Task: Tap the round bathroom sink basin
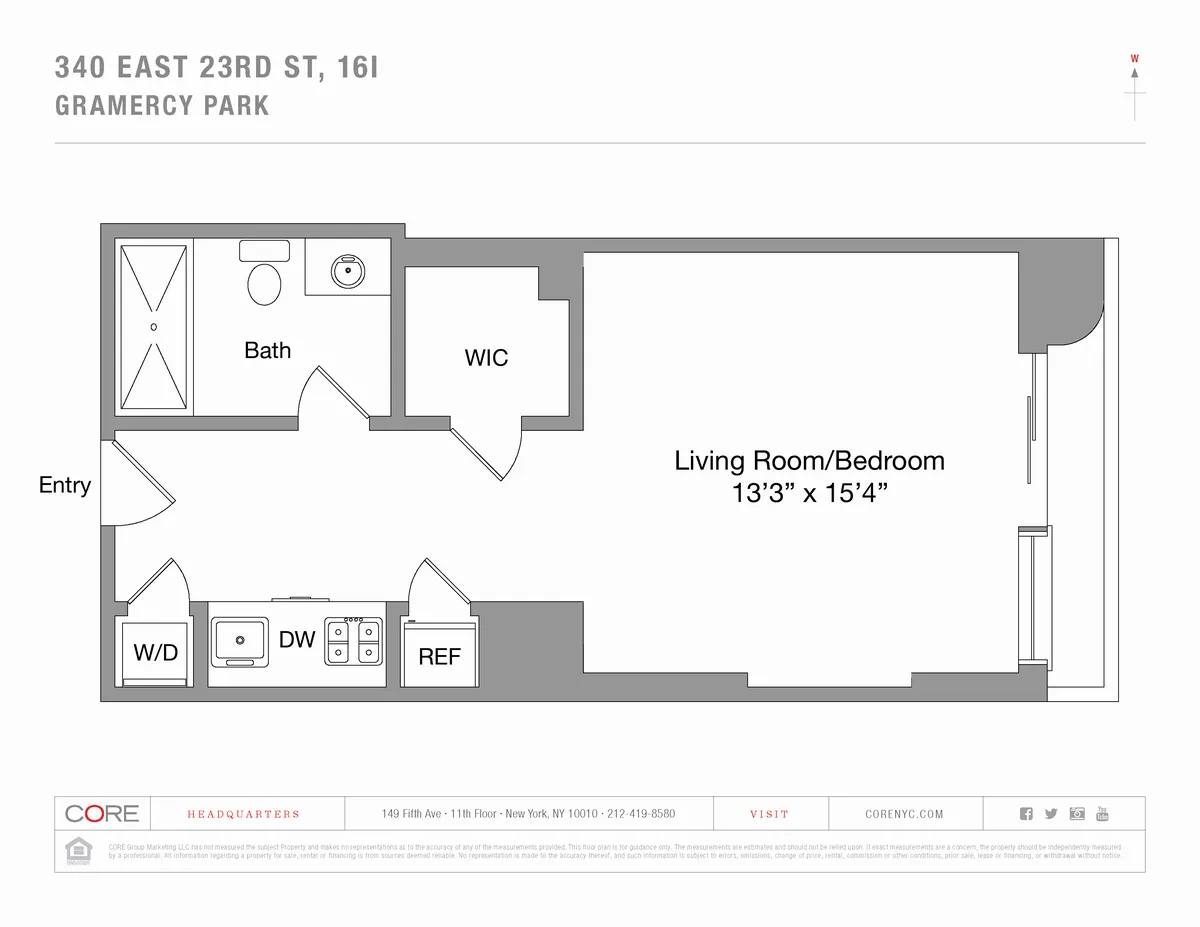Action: [x=348, y=268]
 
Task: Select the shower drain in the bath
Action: [x=153, y=326]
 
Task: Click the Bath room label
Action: [x=267, y=350]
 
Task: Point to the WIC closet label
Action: [x=486, y=357]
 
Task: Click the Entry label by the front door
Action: [x=65, y=485]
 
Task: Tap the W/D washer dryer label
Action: [x=155, y=653]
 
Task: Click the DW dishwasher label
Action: [x=297, y=640]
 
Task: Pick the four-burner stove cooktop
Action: [x=353, y=641]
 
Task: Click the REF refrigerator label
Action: [x=439, y=656]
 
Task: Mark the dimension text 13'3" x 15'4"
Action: [x=809, y=494]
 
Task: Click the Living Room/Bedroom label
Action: [x=809, y=461]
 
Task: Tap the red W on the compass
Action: [x=1134, y=58]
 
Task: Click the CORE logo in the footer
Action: [x=101, y=813]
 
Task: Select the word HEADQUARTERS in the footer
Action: [x=243, y=814]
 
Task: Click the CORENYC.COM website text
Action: [x=903, y=814]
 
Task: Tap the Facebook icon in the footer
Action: [x=1025, y=813]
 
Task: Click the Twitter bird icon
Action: [x=1050, y=813]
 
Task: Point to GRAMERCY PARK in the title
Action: [x=162, y=106]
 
